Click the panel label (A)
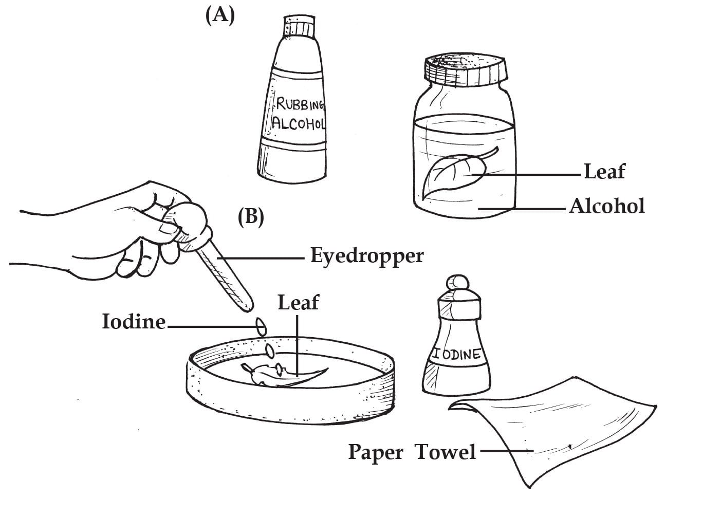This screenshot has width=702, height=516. click(220, 15)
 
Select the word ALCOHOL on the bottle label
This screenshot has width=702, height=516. click(299, 123)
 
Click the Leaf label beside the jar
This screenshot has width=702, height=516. click(604, 172)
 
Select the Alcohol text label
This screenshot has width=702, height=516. click(606, 206)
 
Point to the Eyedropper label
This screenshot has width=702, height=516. click(367, 255)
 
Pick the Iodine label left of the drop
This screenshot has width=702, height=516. click(134, 322)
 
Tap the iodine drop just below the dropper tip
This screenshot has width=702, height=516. click(261, 326)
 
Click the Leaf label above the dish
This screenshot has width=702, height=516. click(298, 302)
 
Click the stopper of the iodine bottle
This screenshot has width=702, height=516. click(457, 284)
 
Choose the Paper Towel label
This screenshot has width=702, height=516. click(412, 452)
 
